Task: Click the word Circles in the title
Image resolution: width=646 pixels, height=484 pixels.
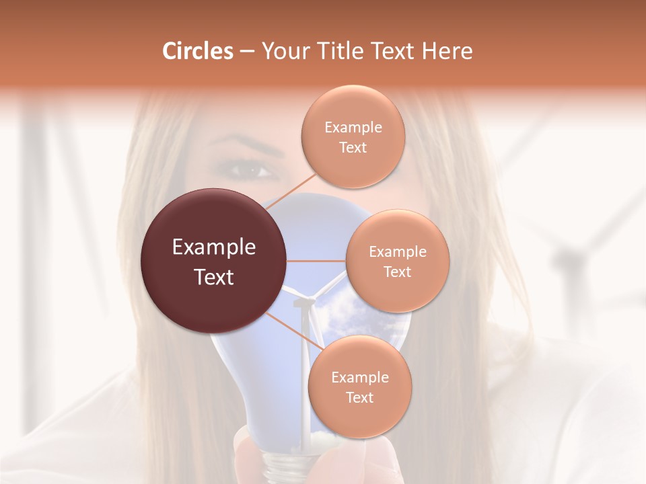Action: tap(197, 51)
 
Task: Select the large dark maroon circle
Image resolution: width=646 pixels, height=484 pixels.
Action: tap(213, 261)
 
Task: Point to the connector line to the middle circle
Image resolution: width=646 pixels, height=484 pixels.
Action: tap(316, 261)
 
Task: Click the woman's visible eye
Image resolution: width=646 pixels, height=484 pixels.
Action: tap(252, 170)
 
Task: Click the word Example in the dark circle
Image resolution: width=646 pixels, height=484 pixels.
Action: tap(213, 247)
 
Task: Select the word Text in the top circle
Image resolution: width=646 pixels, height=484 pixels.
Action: tap(353, 148)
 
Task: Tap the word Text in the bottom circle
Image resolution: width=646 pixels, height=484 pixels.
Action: tap(359, 398)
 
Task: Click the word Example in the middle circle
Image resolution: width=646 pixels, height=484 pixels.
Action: tap(397, 252)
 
